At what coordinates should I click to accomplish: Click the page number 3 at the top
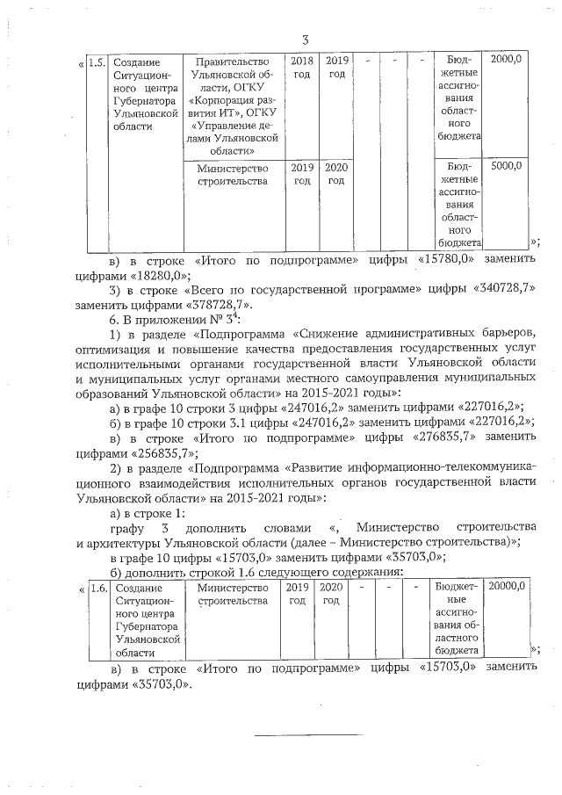click(305, 40)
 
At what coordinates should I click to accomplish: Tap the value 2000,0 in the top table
click(507, 59)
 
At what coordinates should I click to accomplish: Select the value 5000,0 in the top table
click(507, 165)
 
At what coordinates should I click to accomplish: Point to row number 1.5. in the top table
click(97, 61)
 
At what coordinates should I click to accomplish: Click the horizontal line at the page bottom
click(308, 734)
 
